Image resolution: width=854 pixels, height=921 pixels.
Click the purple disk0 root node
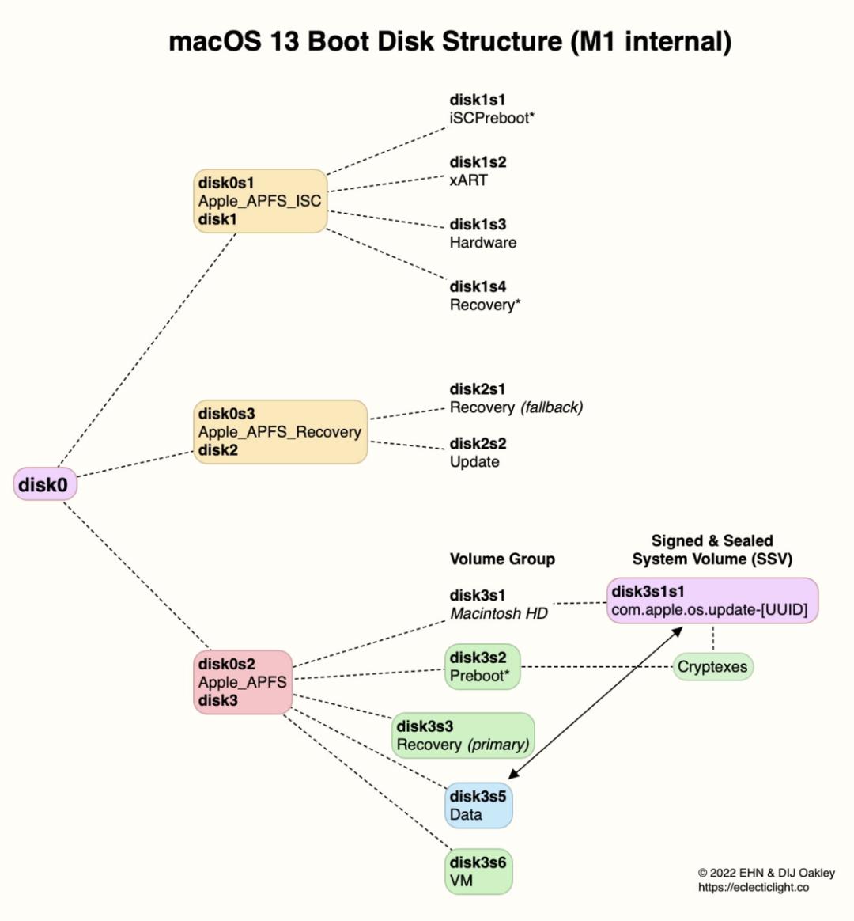(45, 484)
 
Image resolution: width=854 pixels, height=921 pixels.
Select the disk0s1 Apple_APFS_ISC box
(260, 201)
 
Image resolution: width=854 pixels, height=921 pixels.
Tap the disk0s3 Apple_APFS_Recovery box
(281, 432)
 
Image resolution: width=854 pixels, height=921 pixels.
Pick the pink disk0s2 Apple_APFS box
(243, 682)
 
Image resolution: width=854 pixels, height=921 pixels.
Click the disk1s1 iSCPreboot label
(492, 108)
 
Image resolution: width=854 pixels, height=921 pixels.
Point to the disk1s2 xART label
(478, 171)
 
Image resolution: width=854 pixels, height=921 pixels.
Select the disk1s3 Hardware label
(483, 233)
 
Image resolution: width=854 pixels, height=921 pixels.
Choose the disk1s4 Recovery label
(485, 295)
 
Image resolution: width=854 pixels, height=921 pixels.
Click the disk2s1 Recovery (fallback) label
(516, 398)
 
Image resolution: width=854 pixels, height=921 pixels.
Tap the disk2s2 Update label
(478, 453)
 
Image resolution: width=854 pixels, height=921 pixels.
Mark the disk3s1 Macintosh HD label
(498, 605)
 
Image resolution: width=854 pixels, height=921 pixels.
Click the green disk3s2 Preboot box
(482, 667)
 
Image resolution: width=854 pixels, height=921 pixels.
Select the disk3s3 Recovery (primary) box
(463, 735)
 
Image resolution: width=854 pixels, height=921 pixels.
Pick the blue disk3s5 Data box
(478, 805)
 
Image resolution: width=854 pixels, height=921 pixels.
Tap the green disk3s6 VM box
(478, 872)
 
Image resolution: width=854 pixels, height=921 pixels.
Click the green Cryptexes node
(712, 667)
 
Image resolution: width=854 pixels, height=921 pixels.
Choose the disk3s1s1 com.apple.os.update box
(712, 601)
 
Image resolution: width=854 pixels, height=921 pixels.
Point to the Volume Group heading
(502, 559)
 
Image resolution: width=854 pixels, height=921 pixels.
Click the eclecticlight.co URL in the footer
(754, 888)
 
